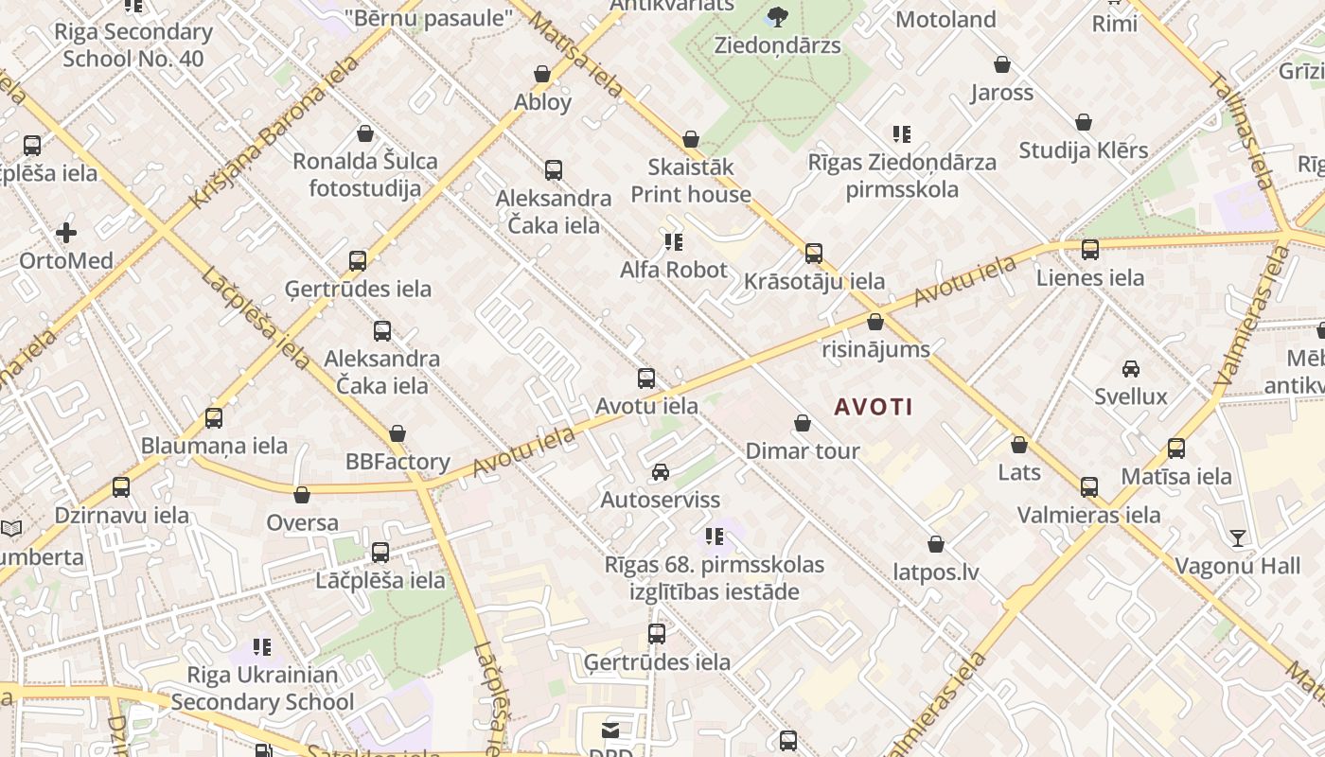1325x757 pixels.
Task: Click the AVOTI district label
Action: tap(874, 408)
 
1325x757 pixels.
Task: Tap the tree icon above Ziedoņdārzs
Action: tap(778, 16)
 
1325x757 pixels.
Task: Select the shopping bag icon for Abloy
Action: tap(542, 74)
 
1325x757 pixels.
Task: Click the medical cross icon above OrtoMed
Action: tap(66, 232)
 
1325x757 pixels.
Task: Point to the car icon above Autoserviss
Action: tap(661, 471)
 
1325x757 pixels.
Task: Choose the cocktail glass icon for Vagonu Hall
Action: tap(1238, 538)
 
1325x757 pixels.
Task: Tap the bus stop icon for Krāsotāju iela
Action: tap(814, 254)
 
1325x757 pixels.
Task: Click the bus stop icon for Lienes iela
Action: tap(1090, 250)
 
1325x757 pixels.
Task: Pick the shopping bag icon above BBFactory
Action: tap(397, 433)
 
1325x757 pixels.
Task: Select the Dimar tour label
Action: tap(803, 450)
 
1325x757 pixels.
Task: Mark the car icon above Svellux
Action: tap(1131, 368)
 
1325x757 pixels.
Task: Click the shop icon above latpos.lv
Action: tap(936, 544)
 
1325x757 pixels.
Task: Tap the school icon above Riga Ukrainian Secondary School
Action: tap(262, 647)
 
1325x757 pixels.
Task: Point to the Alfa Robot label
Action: tap(674, 270)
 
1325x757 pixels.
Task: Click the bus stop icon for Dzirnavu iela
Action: tap(121, 487)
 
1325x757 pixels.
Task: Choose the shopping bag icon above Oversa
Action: tap(302, 495)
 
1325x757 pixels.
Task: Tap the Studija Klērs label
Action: tap(1084, 150)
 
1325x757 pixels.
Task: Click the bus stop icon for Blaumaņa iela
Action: tap(214, 417)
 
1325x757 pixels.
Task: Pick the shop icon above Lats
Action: tap(1019, 444)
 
